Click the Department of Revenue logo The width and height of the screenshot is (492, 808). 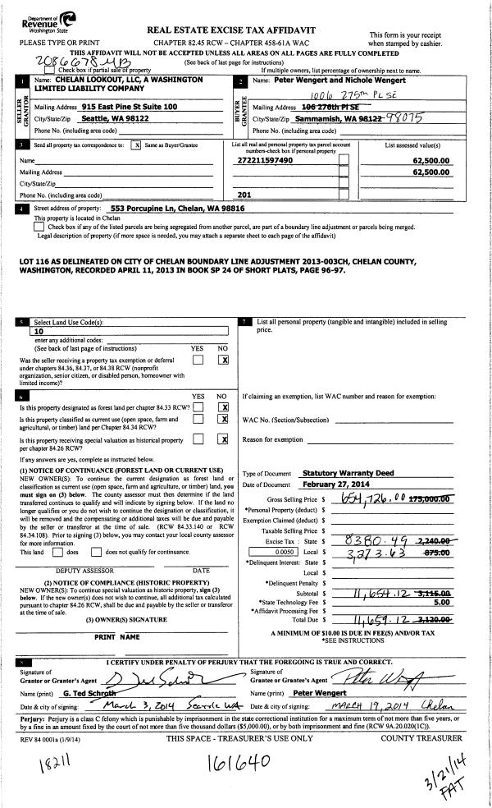point(41,20)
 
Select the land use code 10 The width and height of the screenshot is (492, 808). point(36,333)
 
